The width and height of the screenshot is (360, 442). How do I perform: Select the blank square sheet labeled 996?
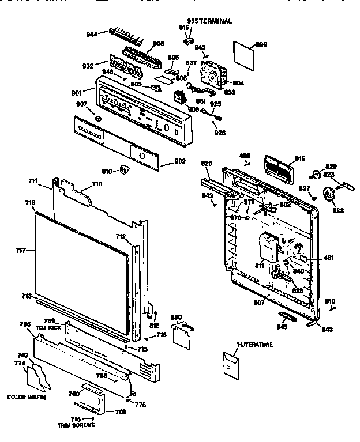[247, 52]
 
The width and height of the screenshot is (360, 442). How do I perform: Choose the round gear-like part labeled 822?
[330, 195]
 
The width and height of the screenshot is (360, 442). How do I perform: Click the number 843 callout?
[326, 329]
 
